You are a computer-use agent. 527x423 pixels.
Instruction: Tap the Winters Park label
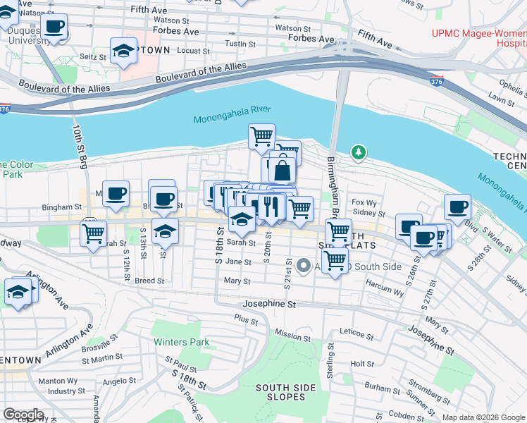click(182, 343)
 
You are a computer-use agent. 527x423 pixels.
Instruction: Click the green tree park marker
click(359, 152)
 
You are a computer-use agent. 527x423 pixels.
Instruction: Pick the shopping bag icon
click(282, 171)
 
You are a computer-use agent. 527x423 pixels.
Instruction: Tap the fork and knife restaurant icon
click(269, 205)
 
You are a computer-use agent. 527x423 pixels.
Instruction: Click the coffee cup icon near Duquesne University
click(54, 27)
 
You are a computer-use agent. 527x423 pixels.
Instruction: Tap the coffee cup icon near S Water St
click(457, 207)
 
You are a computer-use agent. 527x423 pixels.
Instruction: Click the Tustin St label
click(240, 44)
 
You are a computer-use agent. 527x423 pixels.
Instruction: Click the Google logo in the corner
click(23, 415)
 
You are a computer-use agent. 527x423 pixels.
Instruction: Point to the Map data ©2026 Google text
click(483, 417)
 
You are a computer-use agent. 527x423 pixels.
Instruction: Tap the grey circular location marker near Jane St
click(304, 266)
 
